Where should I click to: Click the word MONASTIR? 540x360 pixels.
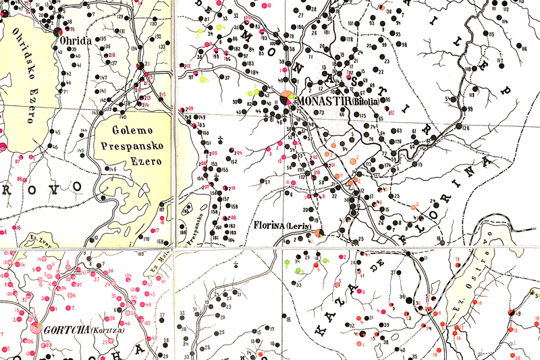coord(320,101)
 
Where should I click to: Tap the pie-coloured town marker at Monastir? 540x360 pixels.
coord(286,99)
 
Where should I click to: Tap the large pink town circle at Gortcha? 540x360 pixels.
coord(36,329)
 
